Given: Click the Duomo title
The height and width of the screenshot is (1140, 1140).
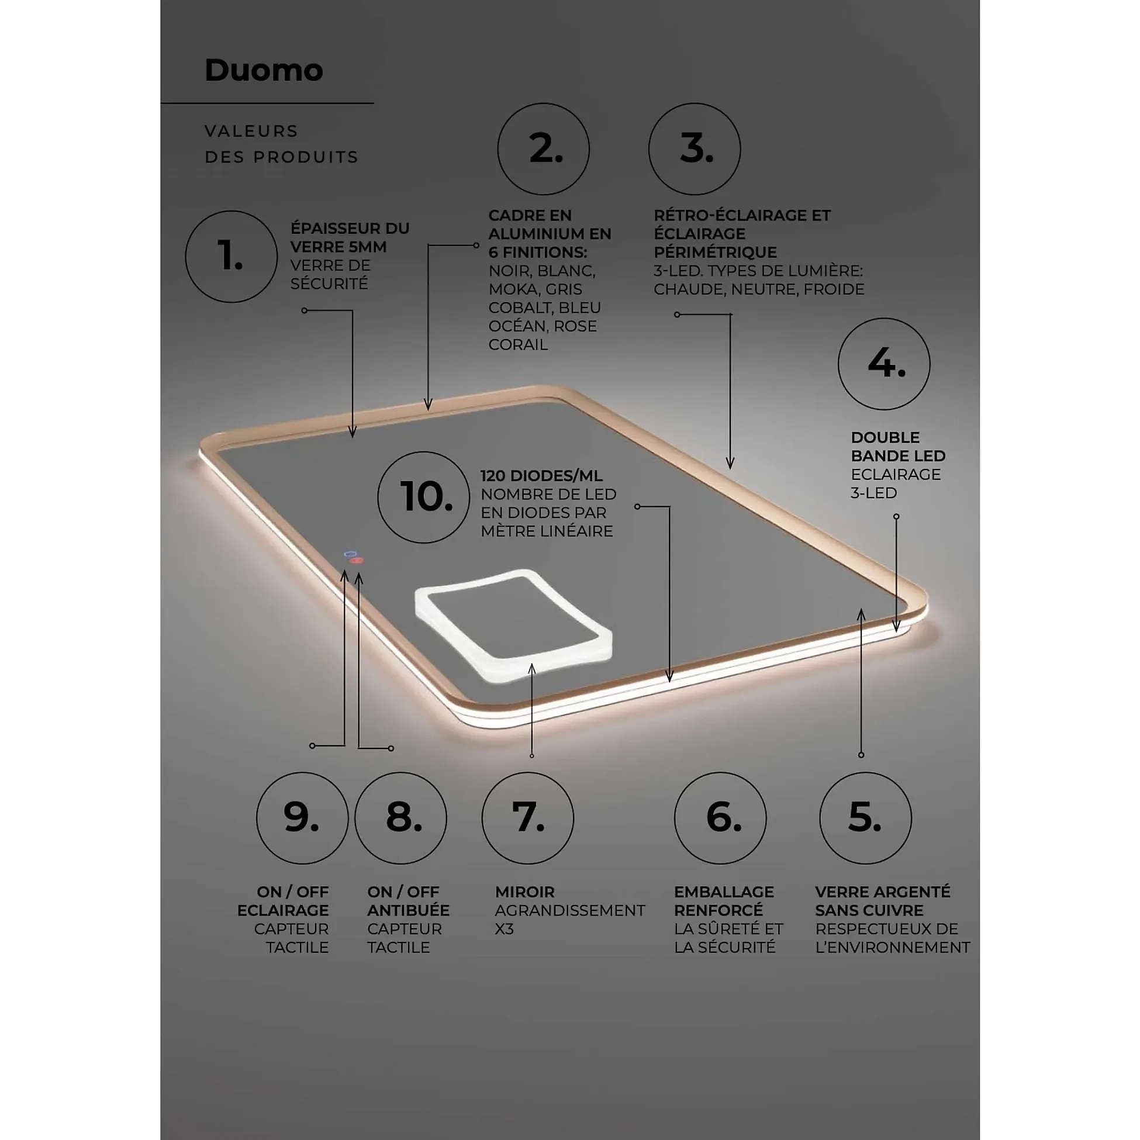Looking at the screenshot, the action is (x=264, y=70).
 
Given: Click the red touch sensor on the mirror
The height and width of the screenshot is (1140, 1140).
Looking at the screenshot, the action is (x=357, y=560).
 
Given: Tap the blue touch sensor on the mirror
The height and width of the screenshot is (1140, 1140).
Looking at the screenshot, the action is (x=351, y=554).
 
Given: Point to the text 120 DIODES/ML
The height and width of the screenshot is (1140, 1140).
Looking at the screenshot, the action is (x=542, y=476).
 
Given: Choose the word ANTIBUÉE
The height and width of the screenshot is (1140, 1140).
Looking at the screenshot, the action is (x=408, y=910).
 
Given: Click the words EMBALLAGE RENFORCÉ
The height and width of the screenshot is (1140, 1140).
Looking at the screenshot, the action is (x=724, y=901).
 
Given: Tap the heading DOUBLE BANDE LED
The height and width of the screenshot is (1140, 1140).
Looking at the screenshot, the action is (x=898, y=447).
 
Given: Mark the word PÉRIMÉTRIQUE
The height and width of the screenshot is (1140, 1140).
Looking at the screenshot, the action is (x=715, y=252).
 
